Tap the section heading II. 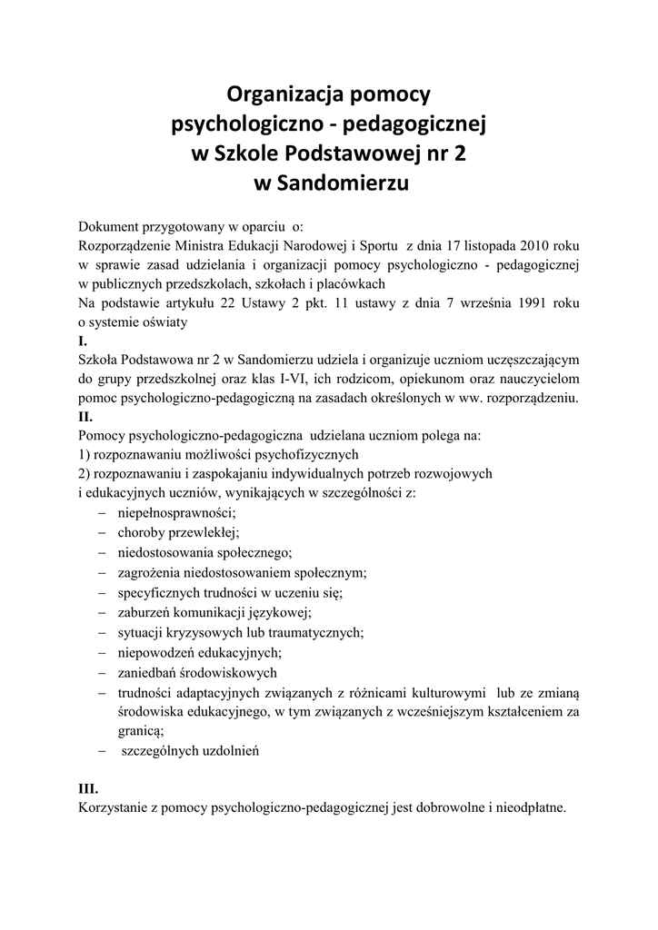coord(86,417)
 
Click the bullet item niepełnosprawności coord(176,512)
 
